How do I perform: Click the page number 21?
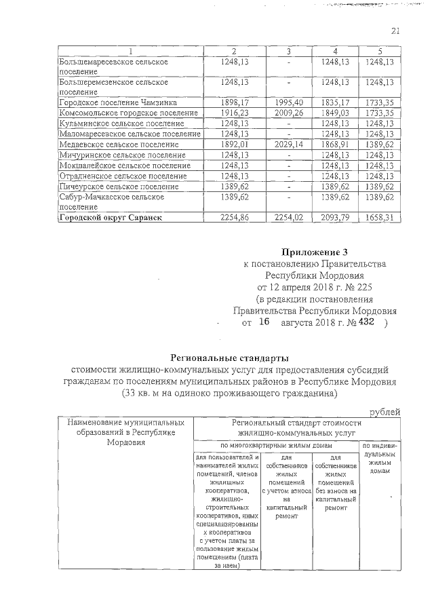[396, 29]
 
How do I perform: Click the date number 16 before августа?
[263, 323]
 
